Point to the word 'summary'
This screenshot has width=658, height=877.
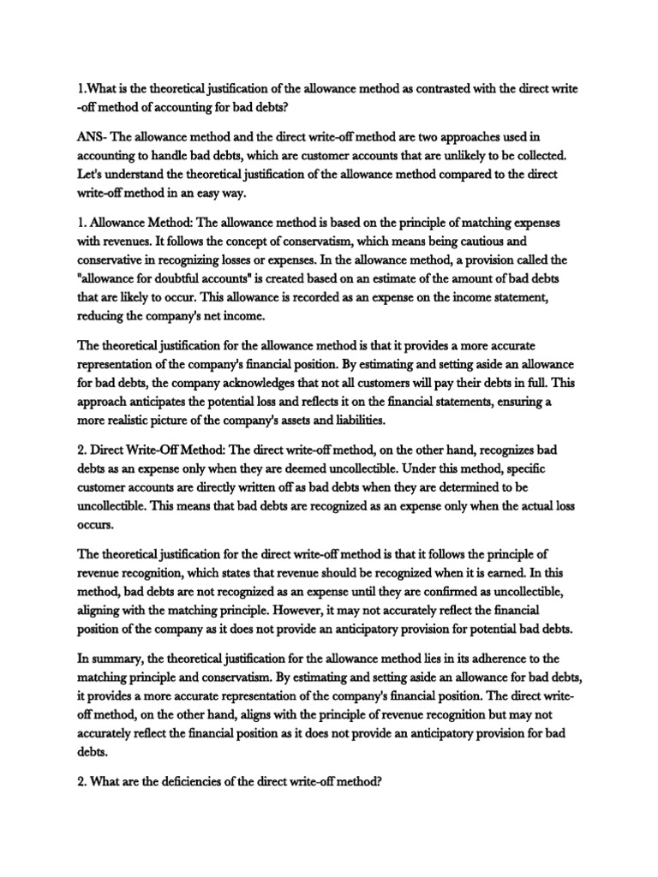click(x=117, y=659)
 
